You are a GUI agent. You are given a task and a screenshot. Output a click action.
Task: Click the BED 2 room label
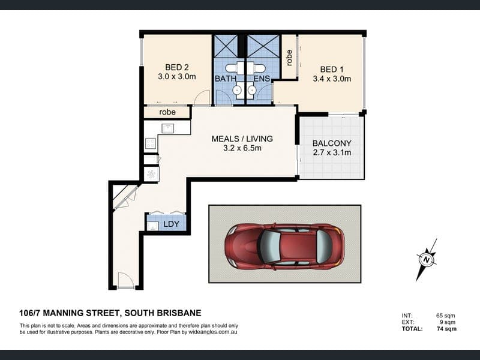coord(177,67)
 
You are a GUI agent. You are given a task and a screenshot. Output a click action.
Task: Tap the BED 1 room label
coord(332,70)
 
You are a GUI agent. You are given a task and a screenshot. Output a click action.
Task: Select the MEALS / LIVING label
coord(242,139)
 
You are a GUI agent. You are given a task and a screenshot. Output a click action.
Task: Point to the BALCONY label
coord(332,143)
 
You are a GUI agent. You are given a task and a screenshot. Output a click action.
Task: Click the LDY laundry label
coord(171,224)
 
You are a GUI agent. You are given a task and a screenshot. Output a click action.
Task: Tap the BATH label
coord(226,79)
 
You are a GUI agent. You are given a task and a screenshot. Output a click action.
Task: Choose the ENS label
coord(262,79)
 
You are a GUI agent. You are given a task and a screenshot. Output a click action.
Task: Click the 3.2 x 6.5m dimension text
coord(242,148)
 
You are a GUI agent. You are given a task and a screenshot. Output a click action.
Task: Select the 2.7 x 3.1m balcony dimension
coord(332,152)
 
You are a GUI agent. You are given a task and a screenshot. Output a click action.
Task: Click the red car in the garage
coord(284,247)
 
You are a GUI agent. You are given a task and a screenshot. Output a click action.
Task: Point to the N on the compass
coord(426,260)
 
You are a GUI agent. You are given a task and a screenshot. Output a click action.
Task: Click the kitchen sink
coord(168,128)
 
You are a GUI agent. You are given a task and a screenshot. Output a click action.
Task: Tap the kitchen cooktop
coord(151,143)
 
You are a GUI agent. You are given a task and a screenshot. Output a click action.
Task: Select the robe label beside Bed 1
coord(289,58)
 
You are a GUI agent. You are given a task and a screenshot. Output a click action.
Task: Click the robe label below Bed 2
coord(167,112)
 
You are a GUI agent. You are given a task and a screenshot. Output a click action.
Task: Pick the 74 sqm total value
coord(446,329)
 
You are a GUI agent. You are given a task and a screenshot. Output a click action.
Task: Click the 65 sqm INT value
coord(445,316)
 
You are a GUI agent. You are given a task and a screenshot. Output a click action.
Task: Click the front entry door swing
coord(126,280)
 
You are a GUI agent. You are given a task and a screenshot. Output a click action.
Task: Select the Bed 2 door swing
coord(202,98)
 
